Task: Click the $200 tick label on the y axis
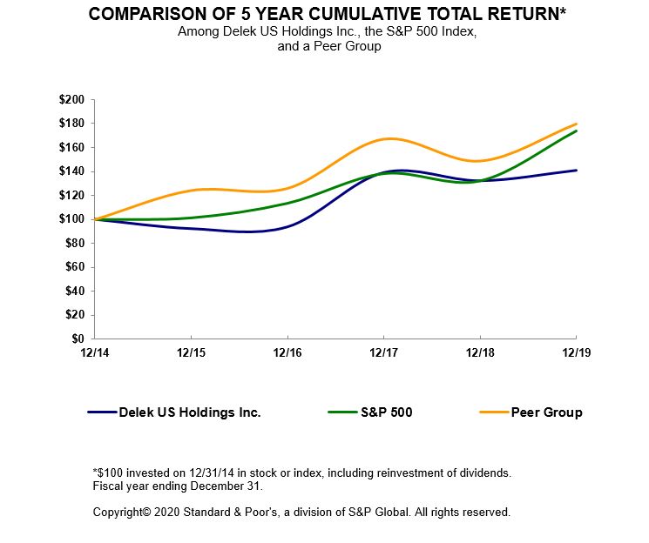(71, 100)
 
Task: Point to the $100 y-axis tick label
(71, 219)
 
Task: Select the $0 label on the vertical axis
(77, 339)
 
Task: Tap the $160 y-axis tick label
(71, 148)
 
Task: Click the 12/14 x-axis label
(94, 352)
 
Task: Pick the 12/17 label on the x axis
(383, 352)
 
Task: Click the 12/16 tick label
(287, 352)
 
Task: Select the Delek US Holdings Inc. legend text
(189, 412)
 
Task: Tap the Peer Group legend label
(547, 412)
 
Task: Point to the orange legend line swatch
(493, 412)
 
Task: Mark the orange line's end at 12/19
(576, 124)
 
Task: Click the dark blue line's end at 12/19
(576, 171)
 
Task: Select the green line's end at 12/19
(576, 131)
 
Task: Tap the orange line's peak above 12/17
(388, 138)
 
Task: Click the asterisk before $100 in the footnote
(95, 473)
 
